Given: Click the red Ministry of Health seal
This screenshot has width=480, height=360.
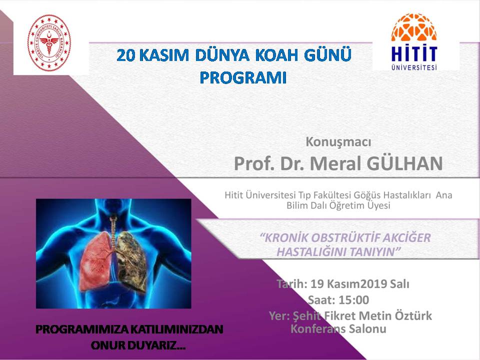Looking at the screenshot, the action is click(x=49, y=43).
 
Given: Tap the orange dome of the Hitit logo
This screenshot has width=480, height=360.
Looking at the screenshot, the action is click(x=414, y=27).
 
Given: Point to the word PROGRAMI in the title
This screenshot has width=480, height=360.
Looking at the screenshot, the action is click(x=243, y=78).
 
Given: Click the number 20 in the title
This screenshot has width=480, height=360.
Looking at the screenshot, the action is click(x=126, y=55).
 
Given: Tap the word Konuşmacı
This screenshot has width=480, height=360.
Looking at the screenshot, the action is click(x=338, y=142).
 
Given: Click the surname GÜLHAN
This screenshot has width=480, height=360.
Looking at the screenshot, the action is click(x=404, y=163).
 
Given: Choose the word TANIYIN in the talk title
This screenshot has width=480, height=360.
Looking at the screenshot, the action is click(x=375, y=252).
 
